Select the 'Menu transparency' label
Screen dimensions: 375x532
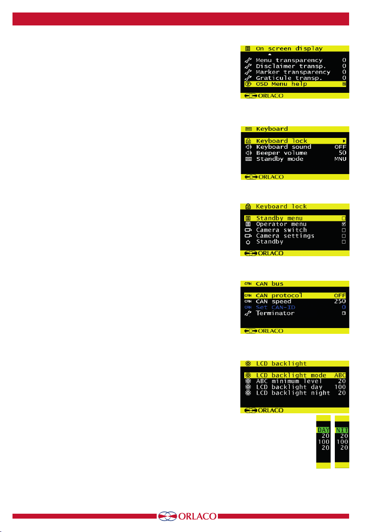[x=289, y=60]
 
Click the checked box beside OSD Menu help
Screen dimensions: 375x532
[x=344, y=84]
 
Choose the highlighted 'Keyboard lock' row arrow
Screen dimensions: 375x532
[x=344, y=141]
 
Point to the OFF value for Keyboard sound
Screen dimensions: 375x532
[x=341, y=147]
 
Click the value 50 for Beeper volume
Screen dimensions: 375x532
[x=342, y=153]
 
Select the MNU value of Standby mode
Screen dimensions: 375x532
[x=341, y=159]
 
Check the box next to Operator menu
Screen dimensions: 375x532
[x=344, y=224]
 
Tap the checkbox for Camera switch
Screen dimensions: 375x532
[x=344, y=230]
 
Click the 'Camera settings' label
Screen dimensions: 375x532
[x=285, y=236]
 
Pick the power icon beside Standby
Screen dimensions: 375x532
[x=248, y=242]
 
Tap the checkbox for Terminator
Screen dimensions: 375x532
[x=344, y=313]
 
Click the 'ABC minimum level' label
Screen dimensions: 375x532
[x=286, y=381]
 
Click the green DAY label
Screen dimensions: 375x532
[x=323, y=430]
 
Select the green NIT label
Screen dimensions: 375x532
[x=342, y=430]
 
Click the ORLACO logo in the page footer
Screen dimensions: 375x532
[x=187, y=516]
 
